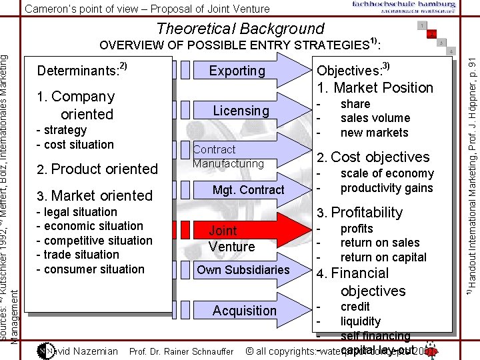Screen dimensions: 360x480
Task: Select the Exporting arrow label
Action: (x=237, y=71)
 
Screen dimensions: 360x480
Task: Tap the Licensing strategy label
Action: (x=241, y=111)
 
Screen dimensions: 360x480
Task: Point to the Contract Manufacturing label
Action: (x=228, y=157)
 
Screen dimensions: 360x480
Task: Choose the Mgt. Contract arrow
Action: (x=248, y=190)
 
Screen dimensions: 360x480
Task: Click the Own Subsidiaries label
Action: (x=243, y=270)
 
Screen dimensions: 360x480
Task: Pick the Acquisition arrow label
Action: (x=244, y=311)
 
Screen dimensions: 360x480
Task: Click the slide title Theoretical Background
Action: (x=240, y=29)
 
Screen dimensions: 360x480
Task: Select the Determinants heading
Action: (x=82, y=70)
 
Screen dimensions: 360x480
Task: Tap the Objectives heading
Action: (x=353, y=70)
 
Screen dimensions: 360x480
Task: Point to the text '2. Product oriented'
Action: (x=97, y=169)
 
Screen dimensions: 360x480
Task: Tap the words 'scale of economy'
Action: (x=387, y=173)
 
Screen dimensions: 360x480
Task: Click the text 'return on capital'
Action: (x=383, y=257)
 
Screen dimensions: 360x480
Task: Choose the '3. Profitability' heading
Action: (x=359, y=213)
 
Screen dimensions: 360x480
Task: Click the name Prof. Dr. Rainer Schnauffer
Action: (x=181, y=351)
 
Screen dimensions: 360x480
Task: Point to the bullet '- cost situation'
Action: (x=75, y=145)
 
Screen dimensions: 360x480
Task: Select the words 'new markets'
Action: (x=374, y=133)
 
